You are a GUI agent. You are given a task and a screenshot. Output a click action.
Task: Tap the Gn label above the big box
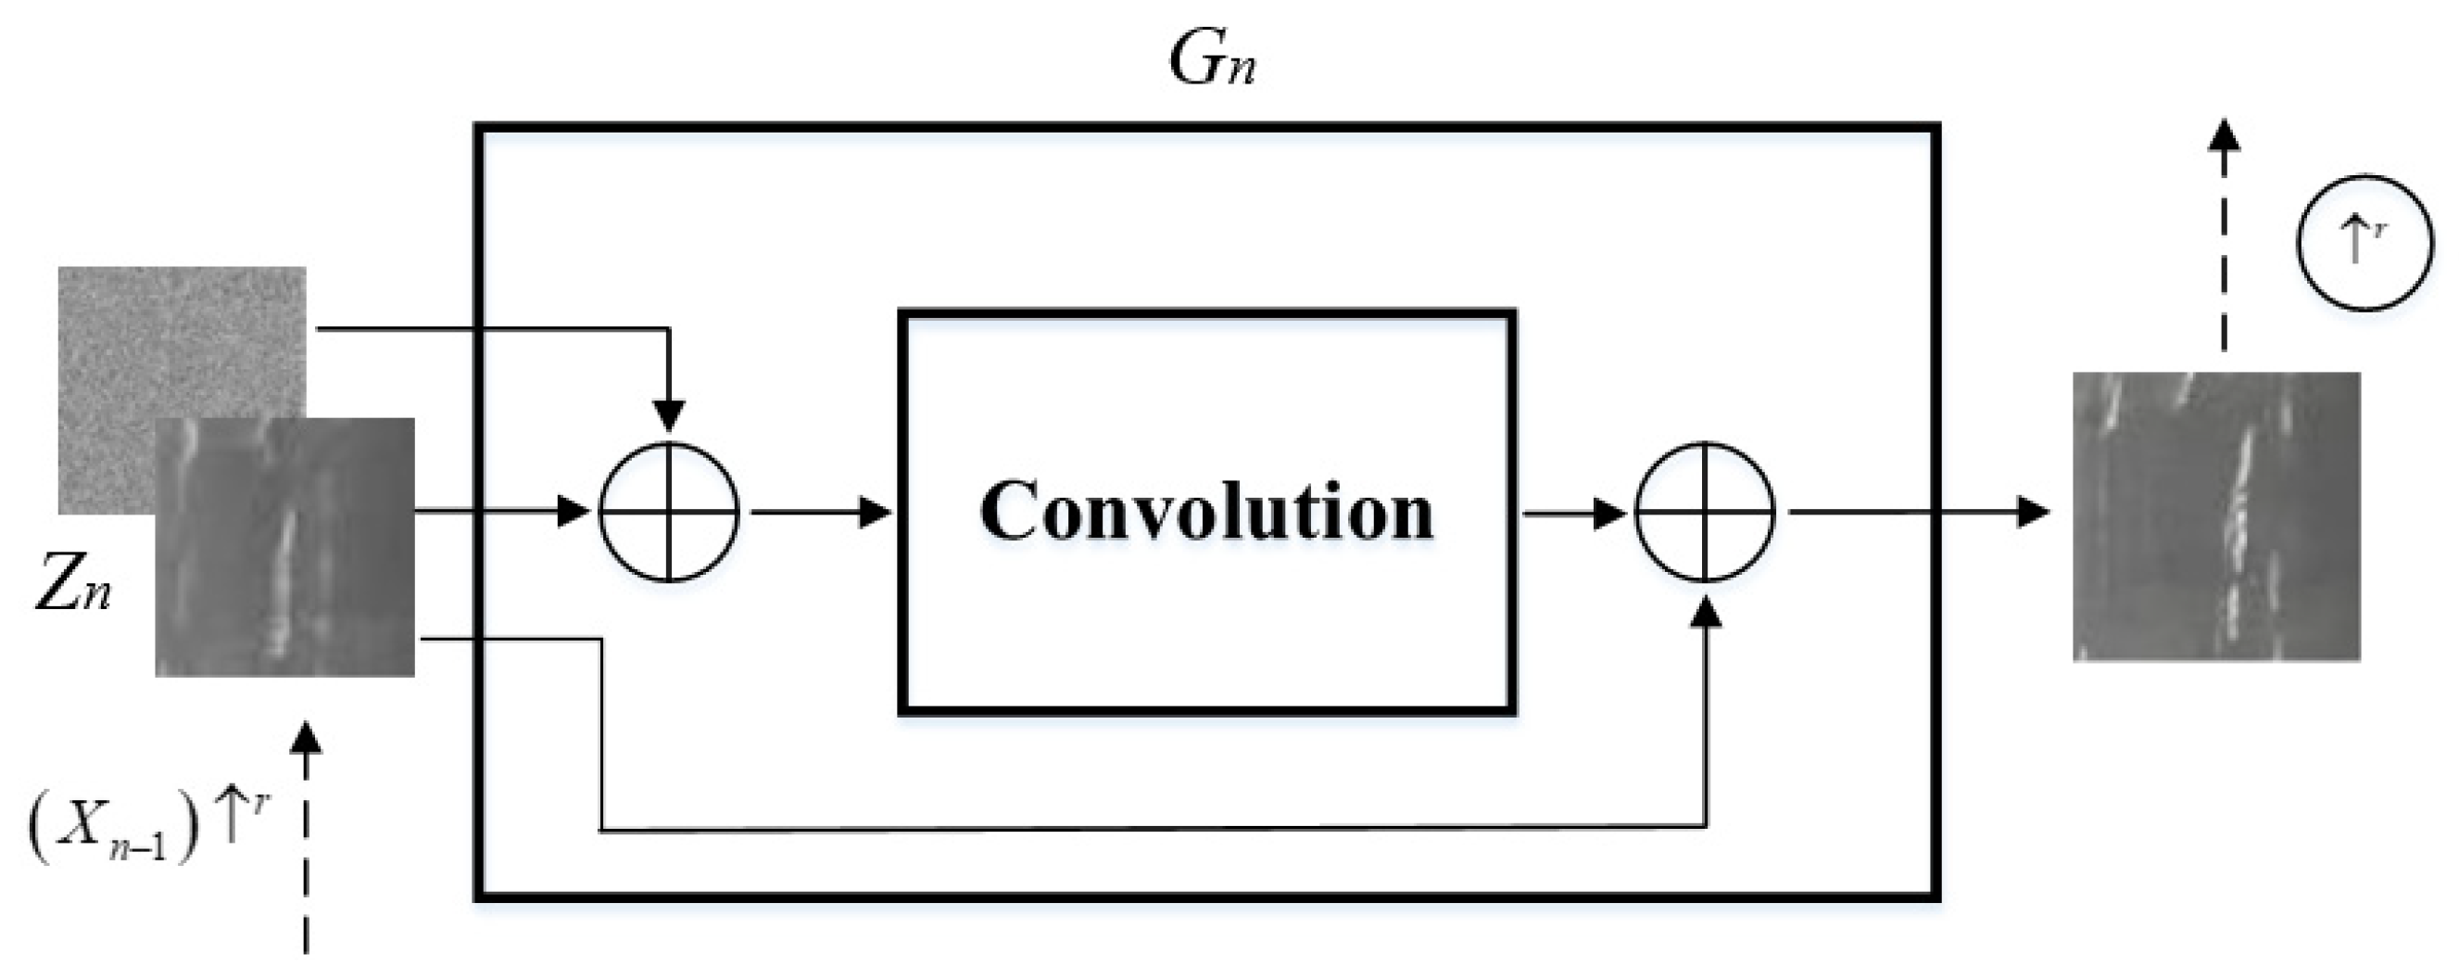pyautogui.click(x=1210, y=63)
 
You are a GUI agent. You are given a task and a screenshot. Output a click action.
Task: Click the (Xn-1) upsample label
pyautogui.click(x=148, y=825)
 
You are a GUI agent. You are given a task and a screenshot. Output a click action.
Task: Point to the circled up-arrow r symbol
pyautogui.click(x=2363, y=244)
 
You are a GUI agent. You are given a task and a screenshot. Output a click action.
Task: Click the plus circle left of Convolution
pyautogui.click(x=669, y=513)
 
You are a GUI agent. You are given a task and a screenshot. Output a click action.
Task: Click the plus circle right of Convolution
pyautogui.click(x=1705, y=513)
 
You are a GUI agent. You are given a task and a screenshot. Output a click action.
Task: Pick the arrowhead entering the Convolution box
pyautogui.click(x=875, y=513)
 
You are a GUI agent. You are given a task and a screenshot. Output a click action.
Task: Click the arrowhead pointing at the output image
pyautogui.click(x=2033, y=513)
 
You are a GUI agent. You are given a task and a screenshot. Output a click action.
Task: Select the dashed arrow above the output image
pyautogui.click(x=2226, y=248)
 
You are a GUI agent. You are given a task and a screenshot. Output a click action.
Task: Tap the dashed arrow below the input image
pyautogui.click(x=306, y=841)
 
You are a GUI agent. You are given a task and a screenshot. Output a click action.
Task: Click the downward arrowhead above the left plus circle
pyautogui.click(x=669, y=416)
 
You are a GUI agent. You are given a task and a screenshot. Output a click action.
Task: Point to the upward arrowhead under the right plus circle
pyautogui.click(x=1705, y=611)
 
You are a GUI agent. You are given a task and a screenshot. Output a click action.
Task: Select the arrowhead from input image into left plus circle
pyautogui.click(x=573, y=512)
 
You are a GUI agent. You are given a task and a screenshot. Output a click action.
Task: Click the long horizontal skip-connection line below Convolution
pyautogui.click(x=1145, y=829)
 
